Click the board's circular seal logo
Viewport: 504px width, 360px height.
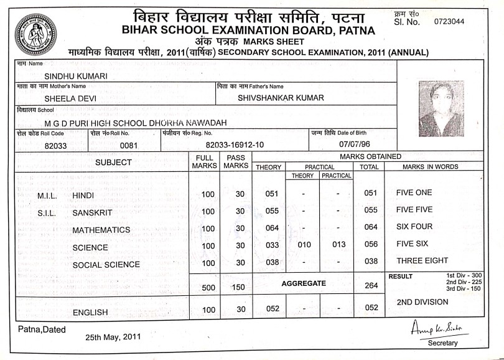(x=35, y=35)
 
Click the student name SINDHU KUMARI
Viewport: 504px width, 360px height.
(x=77, y=76)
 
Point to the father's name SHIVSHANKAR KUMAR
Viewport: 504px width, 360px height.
(x=281, y=98)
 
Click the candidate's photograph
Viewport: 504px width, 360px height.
(x=441, y=109)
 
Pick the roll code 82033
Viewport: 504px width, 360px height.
(x=57, y=145)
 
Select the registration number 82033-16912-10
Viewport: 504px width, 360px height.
(x=235, y=145)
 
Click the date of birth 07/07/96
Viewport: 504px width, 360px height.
(x=345, y=144)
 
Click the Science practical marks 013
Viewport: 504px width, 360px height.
(x=338, y=245)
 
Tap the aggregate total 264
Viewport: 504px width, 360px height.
(x=371, y=286)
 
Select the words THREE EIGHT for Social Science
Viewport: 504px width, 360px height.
(x=422, y=261)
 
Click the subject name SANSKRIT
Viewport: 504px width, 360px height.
(x=92, y=213)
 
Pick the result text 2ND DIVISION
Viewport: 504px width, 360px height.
(x=422, y=302)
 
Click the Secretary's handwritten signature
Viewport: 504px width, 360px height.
(x=439, y=328)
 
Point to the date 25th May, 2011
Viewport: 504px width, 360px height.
(x=113, y=337)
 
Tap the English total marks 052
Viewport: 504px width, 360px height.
(x=371, y=307)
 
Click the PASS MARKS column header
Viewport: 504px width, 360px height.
(x=236, y=162)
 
